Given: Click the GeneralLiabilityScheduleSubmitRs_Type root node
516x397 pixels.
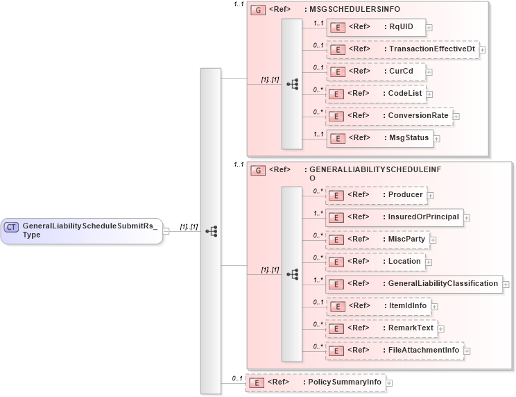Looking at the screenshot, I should coord(82,230).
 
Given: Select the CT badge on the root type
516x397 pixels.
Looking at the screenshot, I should coord(12,226).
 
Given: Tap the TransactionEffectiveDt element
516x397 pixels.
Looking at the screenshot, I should coord(402,49).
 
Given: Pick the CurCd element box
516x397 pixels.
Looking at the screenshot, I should coord(375,71).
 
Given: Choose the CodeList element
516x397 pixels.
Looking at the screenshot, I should coord(375,93).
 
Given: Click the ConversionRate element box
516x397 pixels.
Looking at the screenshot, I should coord(389,115).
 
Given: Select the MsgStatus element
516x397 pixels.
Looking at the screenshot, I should coord(379,137).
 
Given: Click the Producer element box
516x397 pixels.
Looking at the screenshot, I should coord(375,195).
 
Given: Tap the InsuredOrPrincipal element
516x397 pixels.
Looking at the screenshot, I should coord(394,217).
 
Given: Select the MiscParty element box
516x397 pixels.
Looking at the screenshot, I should coord(377,239).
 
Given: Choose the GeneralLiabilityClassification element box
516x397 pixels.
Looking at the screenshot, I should coord(414,283).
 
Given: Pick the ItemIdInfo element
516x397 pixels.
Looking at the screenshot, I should coord(378,305).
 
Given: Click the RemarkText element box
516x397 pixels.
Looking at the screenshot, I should coord(381,328).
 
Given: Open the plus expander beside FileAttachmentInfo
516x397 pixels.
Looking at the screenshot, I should coord(468,350).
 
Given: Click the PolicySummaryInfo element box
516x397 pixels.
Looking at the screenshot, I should coord(316,382).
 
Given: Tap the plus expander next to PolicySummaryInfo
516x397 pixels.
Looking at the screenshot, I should coord(389,382).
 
